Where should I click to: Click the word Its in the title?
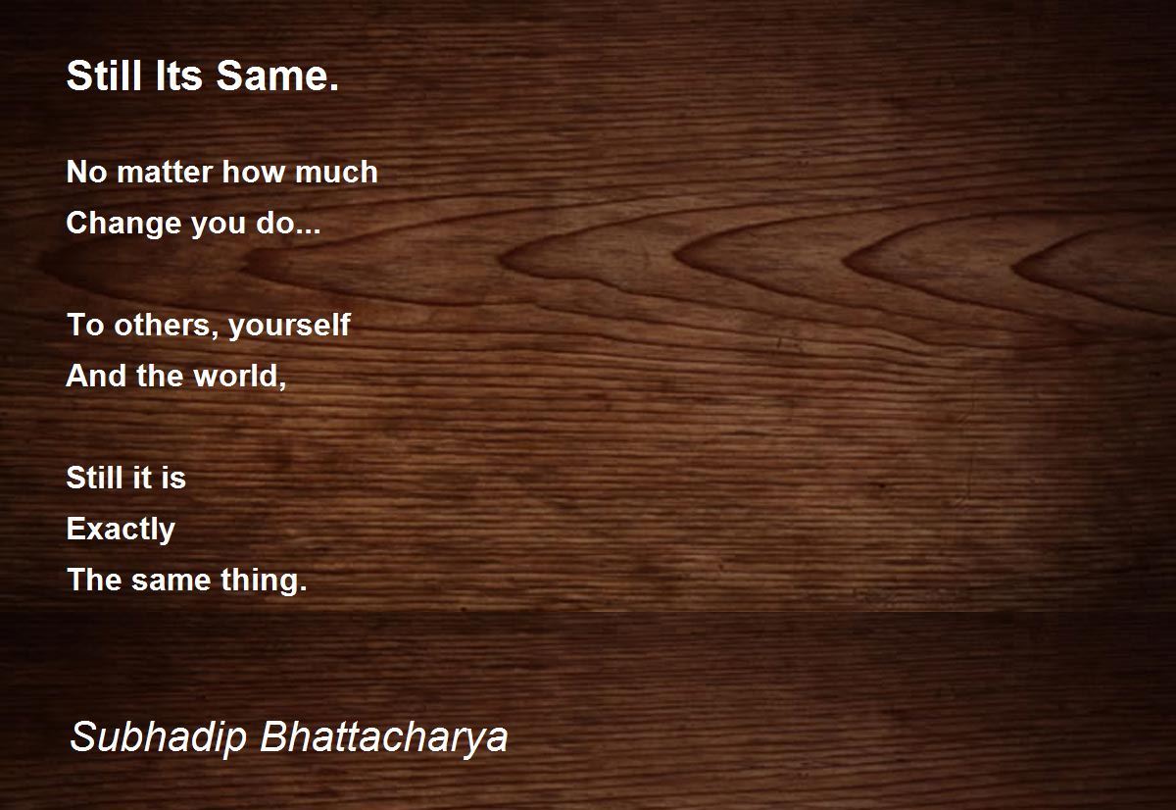179,76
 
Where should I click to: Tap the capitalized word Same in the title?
277,76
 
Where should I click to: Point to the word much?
336,172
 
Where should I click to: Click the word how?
254,172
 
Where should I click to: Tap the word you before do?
219,226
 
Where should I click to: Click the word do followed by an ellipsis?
288,223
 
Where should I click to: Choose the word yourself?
289,327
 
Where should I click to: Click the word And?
96,376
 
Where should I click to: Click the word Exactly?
121,530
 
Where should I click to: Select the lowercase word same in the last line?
171,582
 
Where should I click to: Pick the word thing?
264,581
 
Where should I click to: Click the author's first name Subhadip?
159,737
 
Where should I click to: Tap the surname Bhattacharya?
384,737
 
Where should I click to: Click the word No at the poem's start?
86,173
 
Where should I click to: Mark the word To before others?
85,325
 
